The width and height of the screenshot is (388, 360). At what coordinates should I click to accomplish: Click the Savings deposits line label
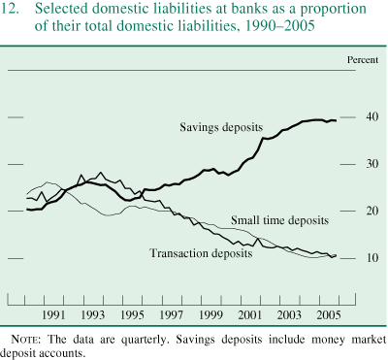pyautogui.click(x=224, y=127)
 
